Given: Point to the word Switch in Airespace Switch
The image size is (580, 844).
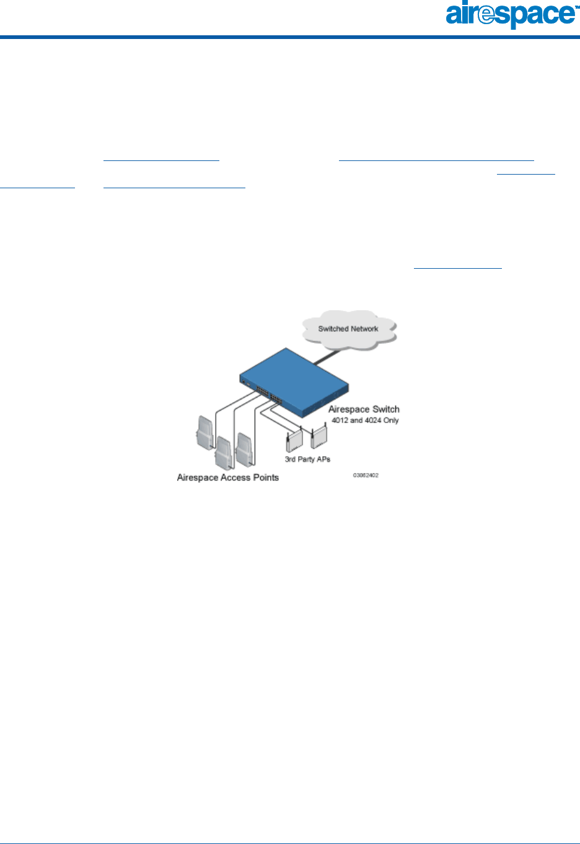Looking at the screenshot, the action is pos(385,409).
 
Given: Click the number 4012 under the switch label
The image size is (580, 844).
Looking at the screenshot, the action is pos(340,420).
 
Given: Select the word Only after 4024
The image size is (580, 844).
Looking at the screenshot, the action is pos(391,420).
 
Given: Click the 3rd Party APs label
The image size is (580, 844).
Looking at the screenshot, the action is pos(307,459).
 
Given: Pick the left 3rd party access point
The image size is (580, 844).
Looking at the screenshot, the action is pos(292,441).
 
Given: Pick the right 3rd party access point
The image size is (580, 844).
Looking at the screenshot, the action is pos(318,438).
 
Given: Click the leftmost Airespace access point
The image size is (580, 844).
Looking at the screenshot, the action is pos(204,432).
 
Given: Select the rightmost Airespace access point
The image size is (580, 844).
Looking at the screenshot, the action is pos(244,448).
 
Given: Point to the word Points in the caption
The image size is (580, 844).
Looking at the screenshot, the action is pos(266,477).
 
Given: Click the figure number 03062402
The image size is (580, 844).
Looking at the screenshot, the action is pos(366,476).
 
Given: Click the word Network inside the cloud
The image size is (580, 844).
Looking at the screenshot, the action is pos(363,329).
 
